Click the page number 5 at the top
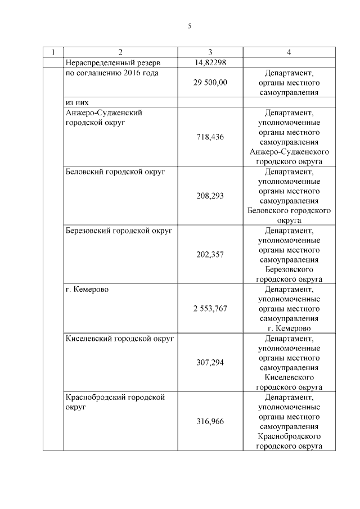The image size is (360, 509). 190,26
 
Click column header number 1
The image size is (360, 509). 53,52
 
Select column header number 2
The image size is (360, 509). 120,52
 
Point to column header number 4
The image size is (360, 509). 289,52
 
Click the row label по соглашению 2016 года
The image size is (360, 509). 112,73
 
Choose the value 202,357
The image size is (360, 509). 210,255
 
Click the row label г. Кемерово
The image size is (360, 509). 87,289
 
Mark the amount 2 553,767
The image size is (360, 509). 210,309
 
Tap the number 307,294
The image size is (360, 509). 210,363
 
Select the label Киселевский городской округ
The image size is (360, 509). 120,339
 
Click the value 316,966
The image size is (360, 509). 210,421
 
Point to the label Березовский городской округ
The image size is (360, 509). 119,231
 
